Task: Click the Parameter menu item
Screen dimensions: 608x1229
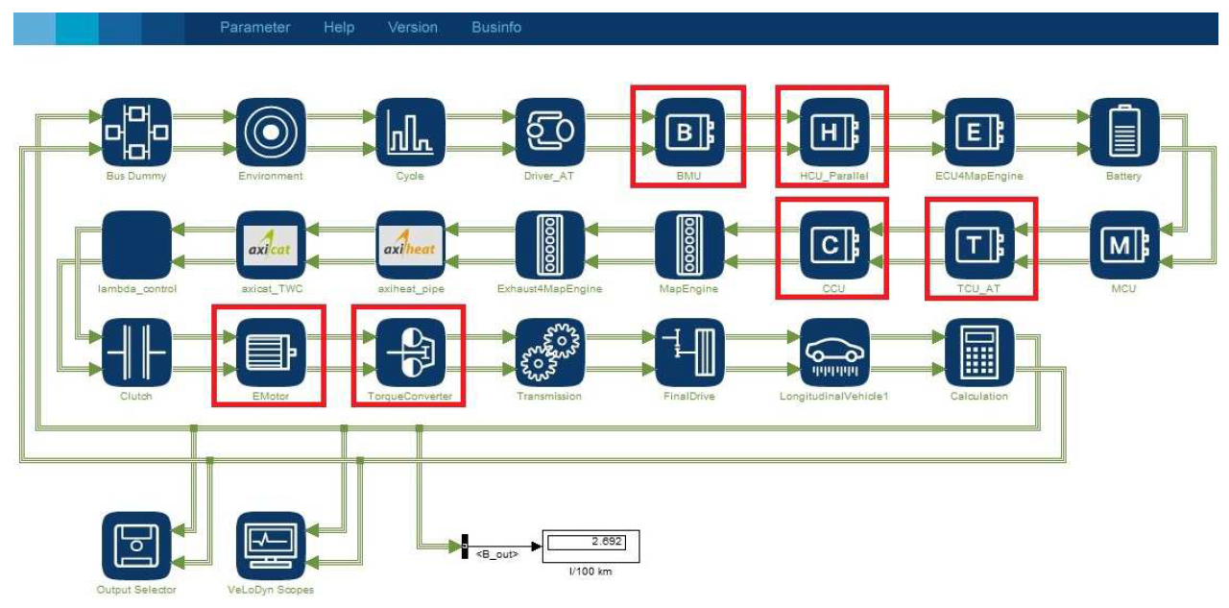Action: [x=254, y=28]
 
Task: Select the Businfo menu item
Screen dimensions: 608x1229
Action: [x=496, y=28]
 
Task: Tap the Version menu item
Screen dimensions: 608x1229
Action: [x=412, y=28]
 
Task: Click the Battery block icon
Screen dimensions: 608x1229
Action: [x=1123, y=133]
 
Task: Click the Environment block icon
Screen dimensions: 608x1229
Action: [x=271, y=133]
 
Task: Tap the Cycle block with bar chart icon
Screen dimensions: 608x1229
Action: [x=409, y=133]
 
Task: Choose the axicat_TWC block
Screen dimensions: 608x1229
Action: [x=271, y=245]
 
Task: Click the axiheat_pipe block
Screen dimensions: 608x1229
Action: [x=409, y=245]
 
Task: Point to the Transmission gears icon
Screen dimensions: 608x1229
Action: [x=549, y=353]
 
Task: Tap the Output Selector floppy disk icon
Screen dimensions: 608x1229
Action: [x=136, y=546]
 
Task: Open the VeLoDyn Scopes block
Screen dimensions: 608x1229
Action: [x=271, y=546]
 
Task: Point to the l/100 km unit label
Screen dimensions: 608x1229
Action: [x=591, y=572]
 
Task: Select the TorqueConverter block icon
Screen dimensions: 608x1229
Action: [x=409, y=353]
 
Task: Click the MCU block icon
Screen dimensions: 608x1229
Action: [x=1123, y=245]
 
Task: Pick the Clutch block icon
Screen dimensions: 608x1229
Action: [x=136, y=353]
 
